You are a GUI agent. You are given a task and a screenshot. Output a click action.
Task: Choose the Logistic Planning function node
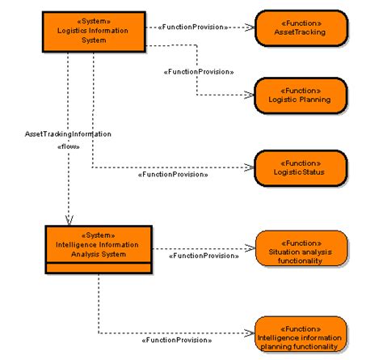pyautogui.click(x=301, y=95)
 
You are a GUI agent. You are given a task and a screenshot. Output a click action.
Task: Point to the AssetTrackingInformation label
pyautogui.click(x=68, y=133)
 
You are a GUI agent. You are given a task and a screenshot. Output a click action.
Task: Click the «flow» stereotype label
pyautogui.click(x=69, y=146)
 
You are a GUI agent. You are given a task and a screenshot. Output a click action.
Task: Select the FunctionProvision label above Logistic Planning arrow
pyautogui.click(x=198, y=72)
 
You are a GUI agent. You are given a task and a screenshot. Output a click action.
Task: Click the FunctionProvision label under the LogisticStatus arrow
pyautogui.click(x=173, y=174)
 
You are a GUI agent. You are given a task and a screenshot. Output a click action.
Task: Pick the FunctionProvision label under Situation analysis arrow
pyautogui.click(x=202, y=256)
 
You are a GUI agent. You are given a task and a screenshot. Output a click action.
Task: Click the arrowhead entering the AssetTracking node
pyautogui.click(x=249, y=27)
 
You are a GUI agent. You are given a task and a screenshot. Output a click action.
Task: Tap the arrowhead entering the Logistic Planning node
pyautogui.click(x=249, y=95)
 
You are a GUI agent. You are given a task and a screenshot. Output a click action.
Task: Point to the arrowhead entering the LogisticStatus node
pyautogui.click(x=249, y=167)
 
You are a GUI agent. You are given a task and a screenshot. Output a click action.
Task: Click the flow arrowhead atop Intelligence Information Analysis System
pyautogui.click(x=69, y=219)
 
